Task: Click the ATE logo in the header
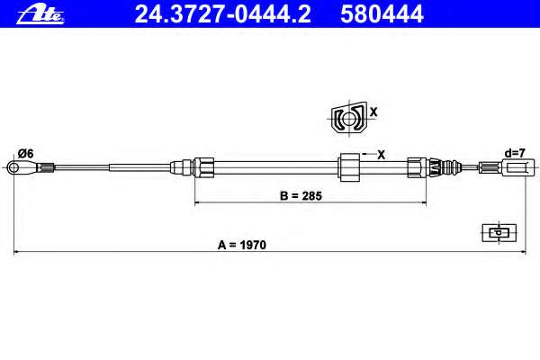point(40,14)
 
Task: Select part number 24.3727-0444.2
point(222,14)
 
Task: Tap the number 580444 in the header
point(382,14)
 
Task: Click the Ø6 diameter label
point(26,153)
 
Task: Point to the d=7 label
point(515,153)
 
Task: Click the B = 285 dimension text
point(301,195)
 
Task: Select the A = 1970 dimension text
point(242,245)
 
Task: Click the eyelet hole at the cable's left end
point(13,167)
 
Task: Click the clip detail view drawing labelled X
point(348,119)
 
